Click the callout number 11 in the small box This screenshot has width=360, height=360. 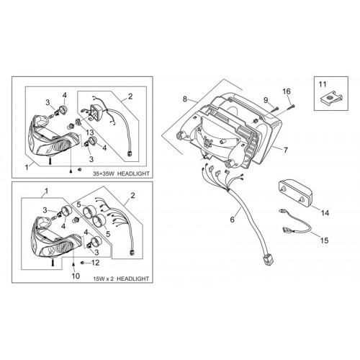click(323, 84)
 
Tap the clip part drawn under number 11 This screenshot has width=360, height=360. click(330, 98)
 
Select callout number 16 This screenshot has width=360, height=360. click(287, 91)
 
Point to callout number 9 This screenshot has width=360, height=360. click(266, 100)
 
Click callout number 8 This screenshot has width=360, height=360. click(184, 99)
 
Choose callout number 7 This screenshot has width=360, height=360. click(285, 150)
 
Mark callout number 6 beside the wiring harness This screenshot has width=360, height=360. click(232, 220)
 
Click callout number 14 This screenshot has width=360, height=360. click(325, 213)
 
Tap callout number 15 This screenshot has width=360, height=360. click(325, 240)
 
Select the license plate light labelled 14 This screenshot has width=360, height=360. click(296, 194)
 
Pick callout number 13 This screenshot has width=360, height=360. click(89, 132)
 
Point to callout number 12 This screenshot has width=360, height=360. click(95, 263)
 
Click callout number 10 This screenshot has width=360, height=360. click(76, 276)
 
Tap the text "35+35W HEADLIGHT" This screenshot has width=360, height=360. click(121, 174)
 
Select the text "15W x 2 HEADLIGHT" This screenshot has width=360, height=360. click(121, 279)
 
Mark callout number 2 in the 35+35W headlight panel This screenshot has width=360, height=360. click(130, 96)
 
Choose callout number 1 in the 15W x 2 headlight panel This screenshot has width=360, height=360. click(46, 191)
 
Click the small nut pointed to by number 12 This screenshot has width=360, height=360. click(83, 263)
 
